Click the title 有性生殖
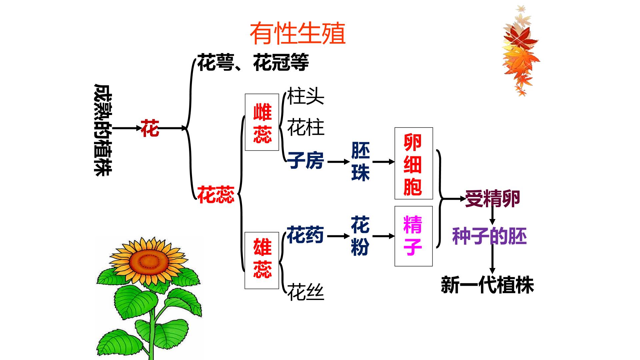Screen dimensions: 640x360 (298, 34)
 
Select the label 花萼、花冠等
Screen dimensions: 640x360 (253, 62)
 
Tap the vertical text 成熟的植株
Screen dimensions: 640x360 (103, 130)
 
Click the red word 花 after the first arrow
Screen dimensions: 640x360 (150, 128)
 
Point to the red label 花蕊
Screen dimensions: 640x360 (216, 195)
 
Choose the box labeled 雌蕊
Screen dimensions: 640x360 (262, 122)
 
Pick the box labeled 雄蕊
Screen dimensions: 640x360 (262, 260)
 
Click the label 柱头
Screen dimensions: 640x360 (306, 96)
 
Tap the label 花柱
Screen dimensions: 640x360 (306, 127)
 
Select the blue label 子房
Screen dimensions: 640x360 (306, 161)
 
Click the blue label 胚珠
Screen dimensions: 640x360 (361, 162)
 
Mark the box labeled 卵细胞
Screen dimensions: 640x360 (414, 163)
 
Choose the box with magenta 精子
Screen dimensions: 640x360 (414, 236)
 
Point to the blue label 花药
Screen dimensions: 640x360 (305, 235)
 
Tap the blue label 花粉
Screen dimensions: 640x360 (360, 236)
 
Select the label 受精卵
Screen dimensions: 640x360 (493, 199)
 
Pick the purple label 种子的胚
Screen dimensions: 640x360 (489, 237)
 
